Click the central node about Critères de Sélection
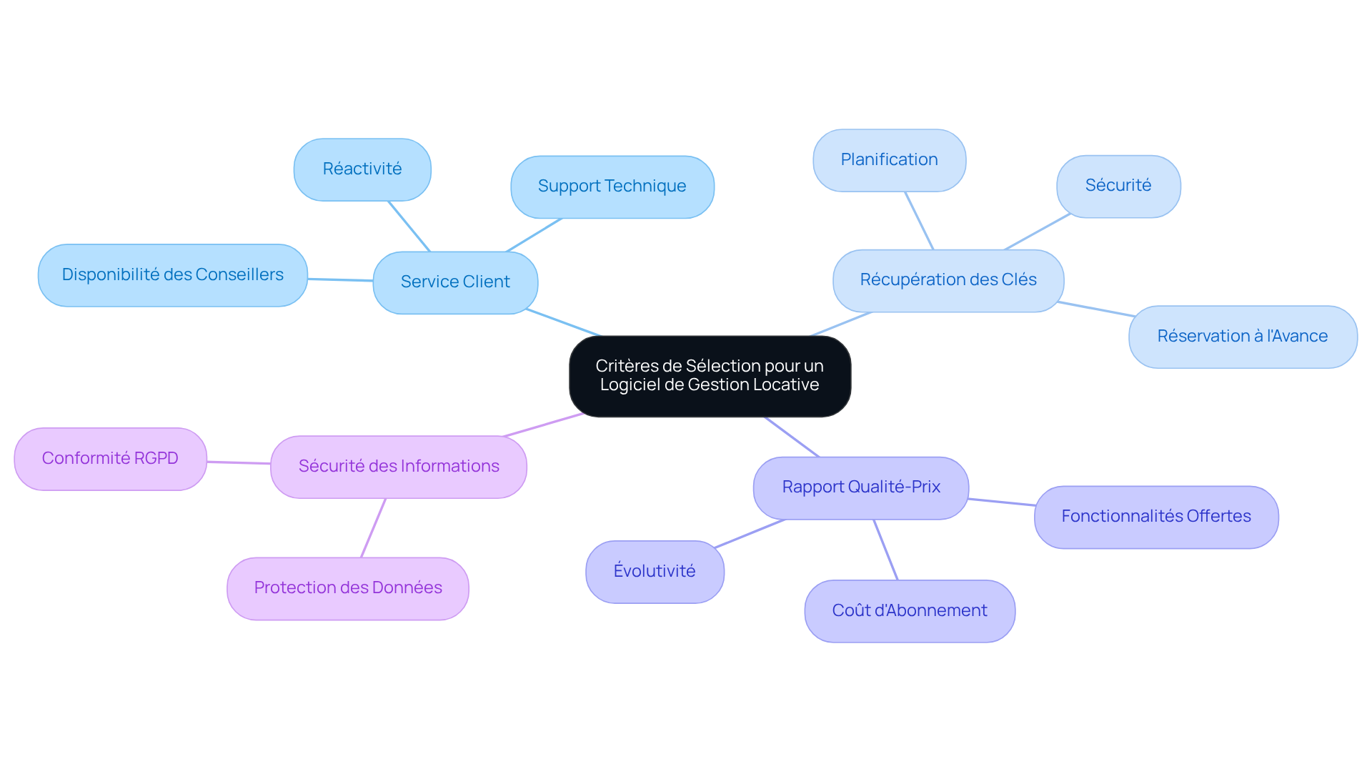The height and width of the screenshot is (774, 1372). point(710,376)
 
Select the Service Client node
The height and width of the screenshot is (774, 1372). point(455,282)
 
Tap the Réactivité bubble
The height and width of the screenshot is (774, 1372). point(362,169)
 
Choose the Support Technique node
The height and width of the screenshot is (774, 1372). point(612,187)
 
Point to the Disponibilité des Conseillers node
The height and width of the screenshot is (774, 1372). point(173,275)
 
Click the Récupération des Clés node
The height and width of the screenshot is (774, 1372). point(948,280)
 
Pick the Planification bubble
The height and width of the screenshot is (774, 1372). point(890,160)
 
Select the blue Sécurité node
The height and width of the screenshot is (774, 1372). point(1118,186)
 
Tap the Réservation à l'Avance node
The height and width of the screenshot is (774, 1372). point(1243,337)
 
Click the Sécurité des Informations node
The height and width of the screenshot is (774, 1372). point(399,467)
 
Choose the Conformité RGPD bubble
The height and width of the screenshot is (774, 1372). point(110,459)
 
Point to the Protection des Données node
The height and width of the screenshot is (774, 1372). point(348,588)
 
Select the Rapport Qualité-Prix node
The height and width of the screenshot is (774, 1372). point(861,487)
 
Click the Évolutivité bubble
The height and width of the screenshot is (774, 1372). point(655,572)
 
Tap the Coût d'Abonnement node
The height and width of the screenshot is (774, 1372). point(910,611)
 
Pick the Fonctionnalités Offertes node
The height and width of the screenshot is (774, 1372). point(1156,517)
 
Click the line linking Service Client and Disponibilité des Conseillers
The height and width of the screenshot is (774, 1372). point(340,279)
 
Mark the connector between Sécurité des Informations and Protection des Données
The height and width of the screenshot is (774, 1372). point(373,527)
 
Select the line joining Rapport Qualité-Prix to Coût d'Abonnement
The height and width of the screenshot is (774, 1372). point(885,550)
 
